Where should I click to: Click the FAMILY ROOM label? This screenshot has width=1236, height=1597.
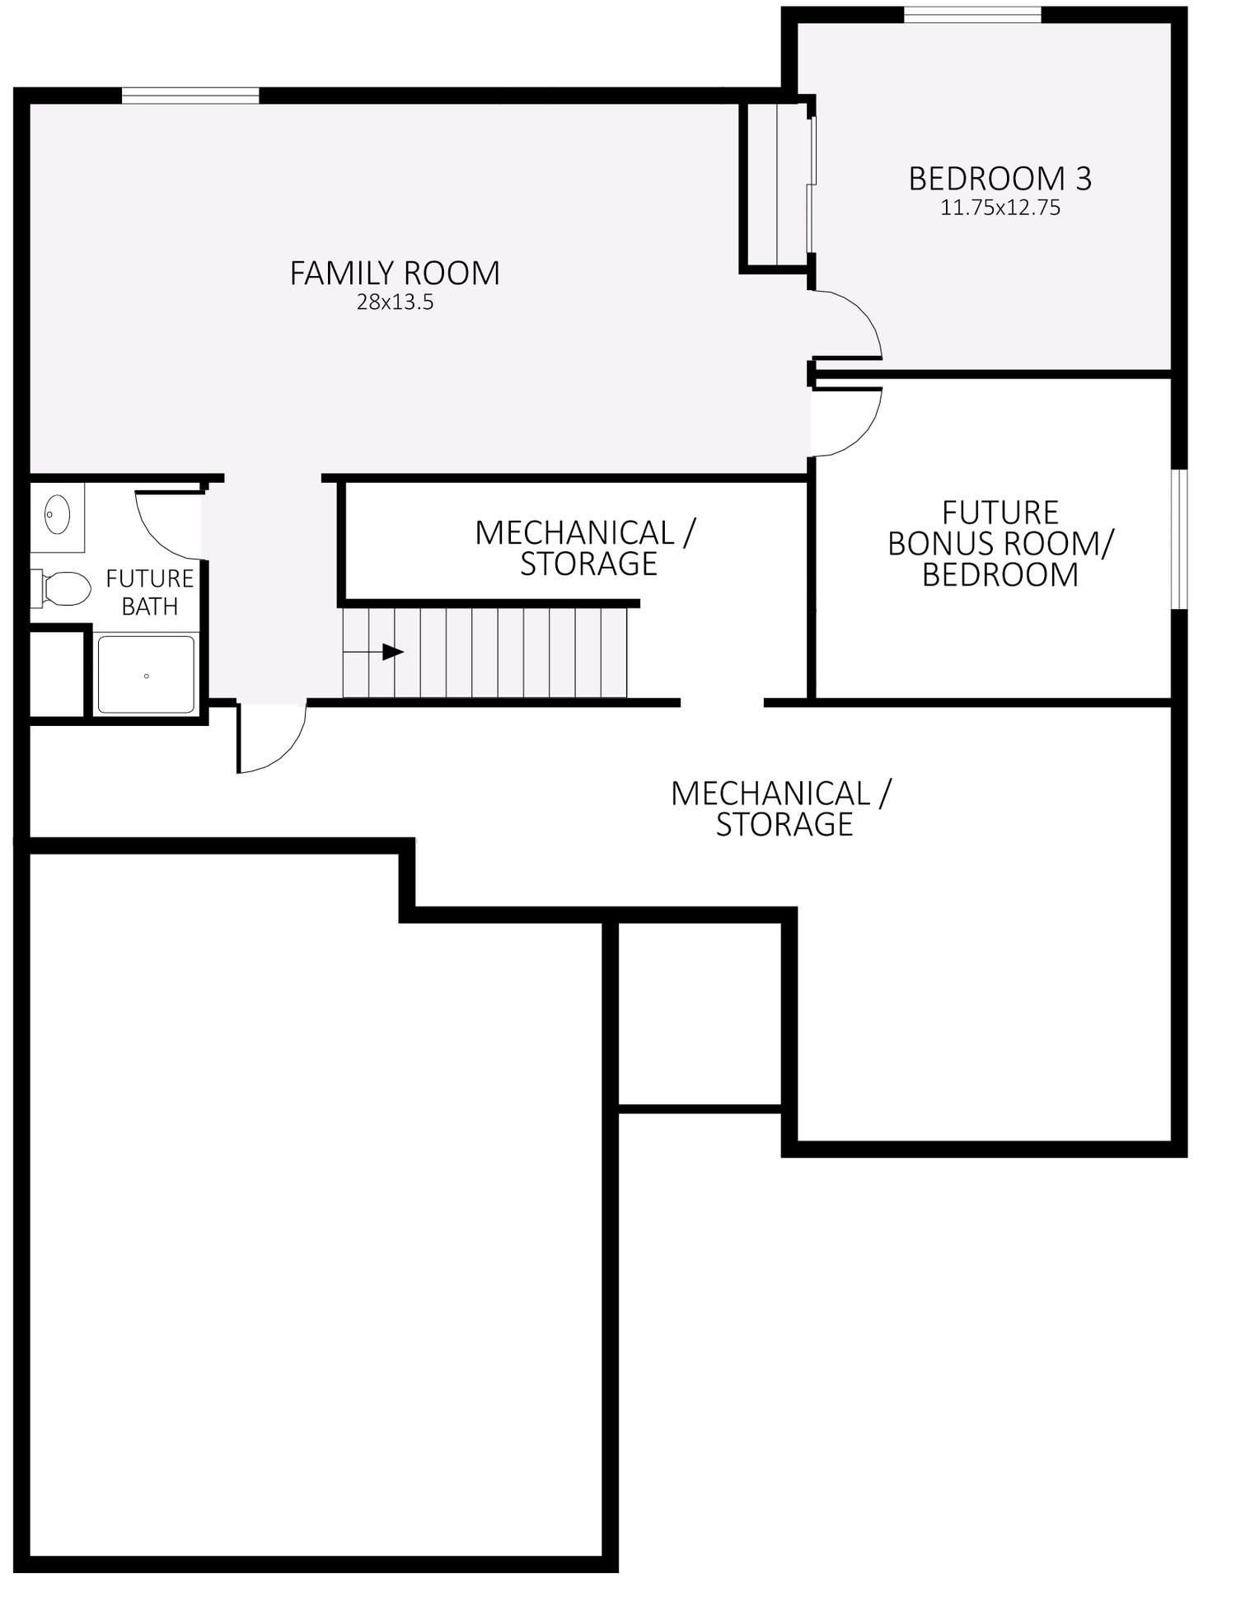[x=395, y=274]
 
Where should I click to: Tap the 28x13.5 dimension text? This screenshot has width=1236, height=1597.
[x=395, y=302]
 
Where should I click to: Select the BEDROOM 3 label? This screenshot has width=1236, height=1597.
[x=1000, y=179]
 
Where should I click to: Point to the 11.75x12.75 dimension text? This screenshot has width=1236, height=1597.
[x=1000, y=208]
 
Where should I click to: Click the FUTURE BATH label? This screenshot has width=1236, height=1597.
[x=149, y=592]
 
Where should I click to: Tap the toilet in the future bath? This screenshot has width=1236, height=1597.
[x=63, y=588]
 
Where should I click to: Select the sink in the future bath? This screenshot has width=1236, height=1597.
[x=57, y=515]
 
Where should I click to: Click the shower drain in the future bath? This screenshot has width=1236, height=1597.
[x=147, y=676]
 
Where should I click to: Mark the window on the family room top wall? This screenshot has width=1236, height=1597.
[x=190, y=96]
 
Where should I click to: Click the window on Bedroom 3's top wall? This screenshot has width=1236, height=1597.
[x=971, y=15]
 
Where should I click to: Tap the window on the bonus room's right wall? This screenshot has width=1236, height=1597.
[x=1179, y=539]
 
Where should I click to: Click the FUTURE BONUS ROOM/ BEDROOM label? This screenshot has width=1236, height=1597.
[x=1000, y=544]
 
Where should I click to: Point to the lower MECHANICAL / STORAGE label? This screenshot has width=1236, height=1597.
[x=781, y=808]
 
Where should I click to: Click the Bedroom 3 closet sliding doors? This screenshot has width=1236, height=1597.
[x=811, y=185]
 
